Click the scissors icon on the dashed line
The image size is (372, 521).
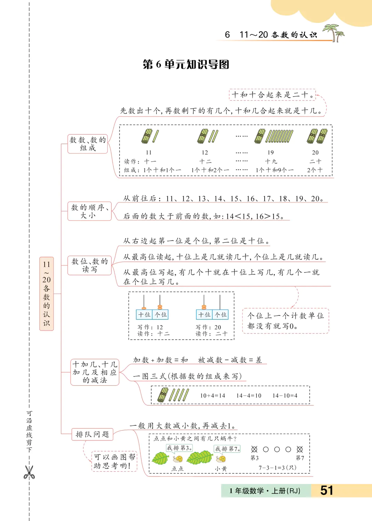pos(29,472)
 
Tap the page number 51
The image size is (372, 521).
pos(327,490)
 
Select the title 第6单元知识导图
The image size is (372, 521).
pos(186,65)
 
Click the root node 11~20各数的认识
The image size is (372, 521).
pos(47,293)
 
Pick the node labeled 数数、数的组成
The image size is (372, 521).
pos(88,144)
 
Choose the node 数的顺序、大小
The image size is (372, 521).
pos(89,211)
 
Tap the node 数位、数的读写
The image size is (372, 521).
pos(89,265)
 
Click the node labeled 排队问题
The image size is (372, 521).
pos(92,434)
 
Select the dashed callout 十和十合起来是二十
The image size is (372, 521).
pos(272,95)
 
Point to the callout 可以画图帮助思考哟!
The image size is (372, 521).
pos(114,461)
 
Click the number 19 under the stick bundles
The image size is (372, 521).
pos(270,152)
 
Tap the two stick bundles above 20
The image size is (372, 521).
pos(317,136)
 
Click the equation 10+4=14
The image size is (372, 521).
pos(212,396)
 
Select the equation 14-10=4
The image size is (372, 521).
pos(285,396)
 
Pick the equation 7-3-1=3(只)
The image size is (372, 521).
pos(277,468)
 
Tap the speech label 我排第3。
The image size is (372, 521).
pos(179,448)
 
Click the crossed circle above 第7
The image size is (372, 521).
pos(300,449)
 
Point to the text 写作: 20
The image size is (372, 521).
pos(208,327)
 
